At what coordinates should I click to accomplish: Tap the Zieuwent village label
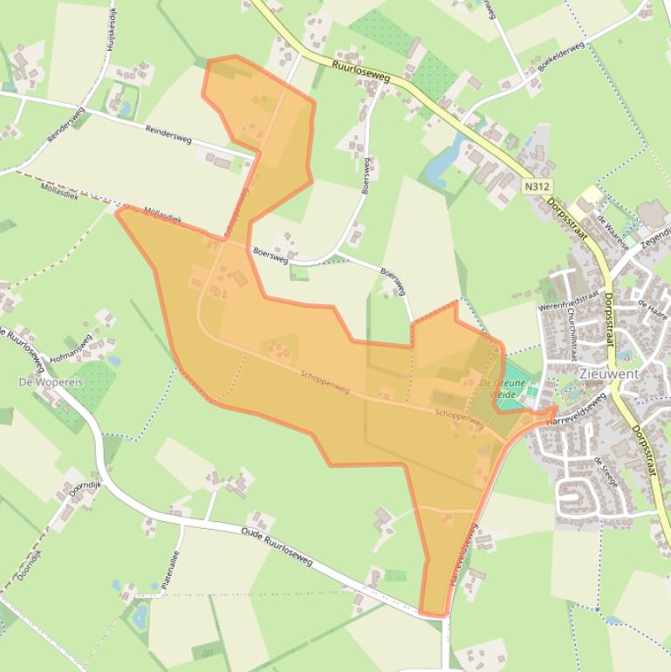(609, 374)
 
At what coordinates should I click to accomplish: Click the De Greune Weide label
(503, 388)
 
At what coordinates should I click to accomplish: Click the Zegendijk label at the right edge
(655, 234)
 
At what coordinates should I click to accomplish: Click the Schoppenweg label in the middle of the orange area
(325, 381)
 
